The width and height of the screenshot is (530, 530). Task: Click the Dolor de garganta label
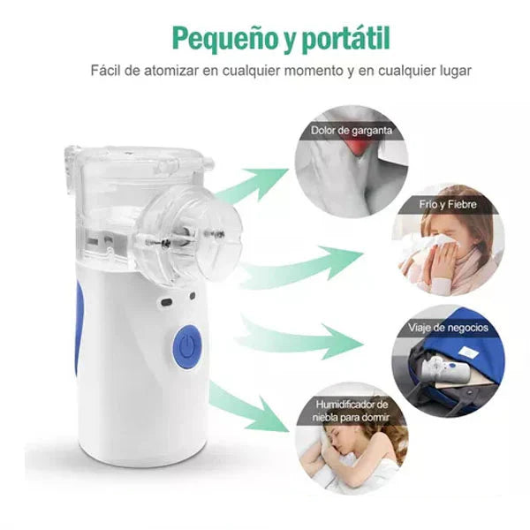[x=351, y=132]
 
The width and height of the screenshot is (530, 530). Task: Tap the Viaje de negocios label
[x=448, y=328]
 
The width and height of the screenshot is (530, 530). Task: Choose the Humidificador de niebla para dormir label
[x=351, y=410]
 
